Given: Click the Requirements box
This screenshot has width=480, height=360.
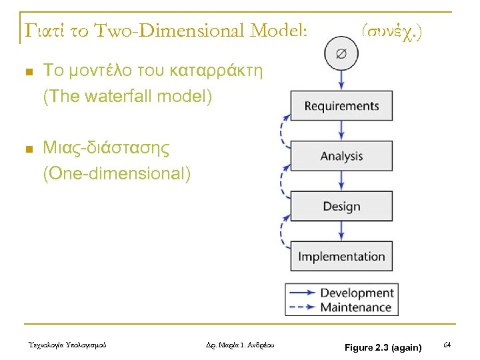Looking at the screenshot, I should [x=341, y=106].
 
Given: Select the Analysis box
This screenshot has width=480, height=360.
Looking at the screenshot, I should [x=341, y=156].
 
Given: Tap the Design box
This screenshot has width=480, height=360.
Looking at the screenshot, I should [x=341, y=206].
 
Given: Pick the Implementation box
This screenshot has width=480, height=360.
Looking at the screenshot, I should [x=341, y=256].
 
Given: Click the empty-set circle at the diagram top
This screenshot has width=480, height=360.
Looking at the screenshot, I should [x=341, y=54].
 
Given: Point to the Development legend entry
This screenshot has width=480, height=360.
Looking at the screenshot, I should [x=357, y=293].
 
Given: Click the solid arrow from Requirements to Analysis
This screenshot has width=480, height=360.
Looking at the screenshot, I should [x=341, y=131].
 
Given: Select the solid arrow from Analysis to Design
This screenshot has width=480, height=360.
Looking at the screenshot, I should [x=341, y=181].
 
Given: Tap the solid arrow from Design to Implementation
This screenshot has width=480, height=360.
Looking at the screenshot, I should [x=341, y=231].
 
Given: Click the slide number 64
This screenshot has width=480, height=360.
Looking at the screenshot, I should [x=447, y=344].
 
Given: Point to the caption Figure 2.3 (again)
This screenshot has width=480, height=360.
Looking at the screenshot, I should [x=383, y=347].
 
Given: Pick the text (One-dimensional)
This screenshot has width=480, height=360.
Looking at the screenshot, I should [x=117, y=175].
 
